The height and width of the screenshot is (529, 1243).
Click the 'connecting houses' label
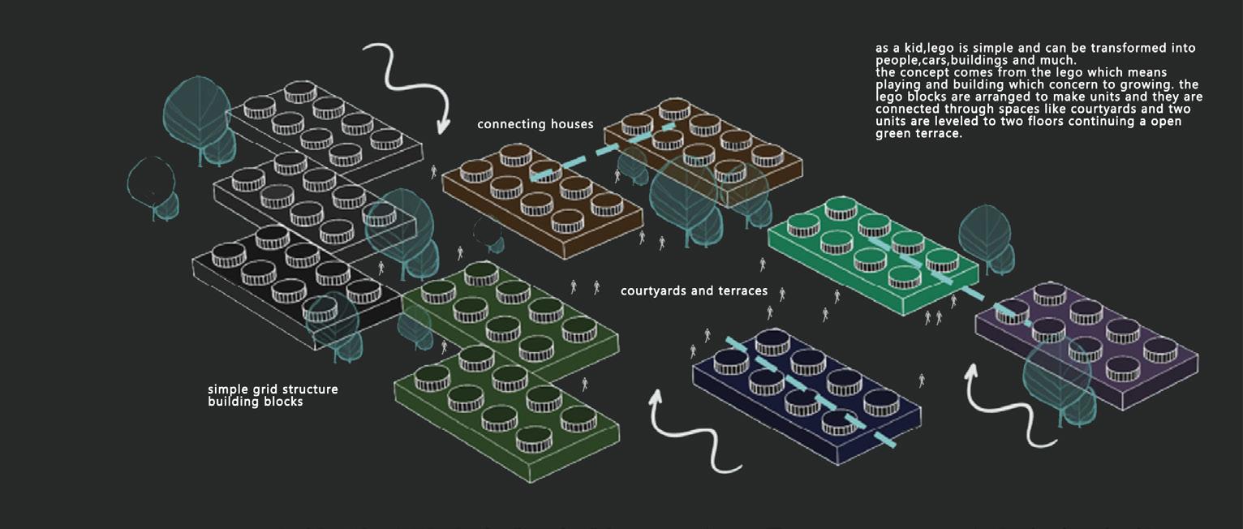click(x=535, y=124)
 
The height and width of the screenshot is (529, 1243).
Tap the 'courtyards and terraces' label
click(x=694, y=290)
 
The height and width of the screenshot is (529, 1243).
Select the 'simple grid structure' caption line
click(x=273, y=389)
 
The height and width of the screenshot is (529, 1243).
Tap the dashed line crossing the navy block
click(x=811, y=389)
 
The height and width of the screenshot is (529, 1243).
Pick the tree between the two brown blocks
click(x=686, y=199)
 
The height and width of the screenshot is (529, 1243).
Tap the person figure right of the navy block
click(x=921, y=379)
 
